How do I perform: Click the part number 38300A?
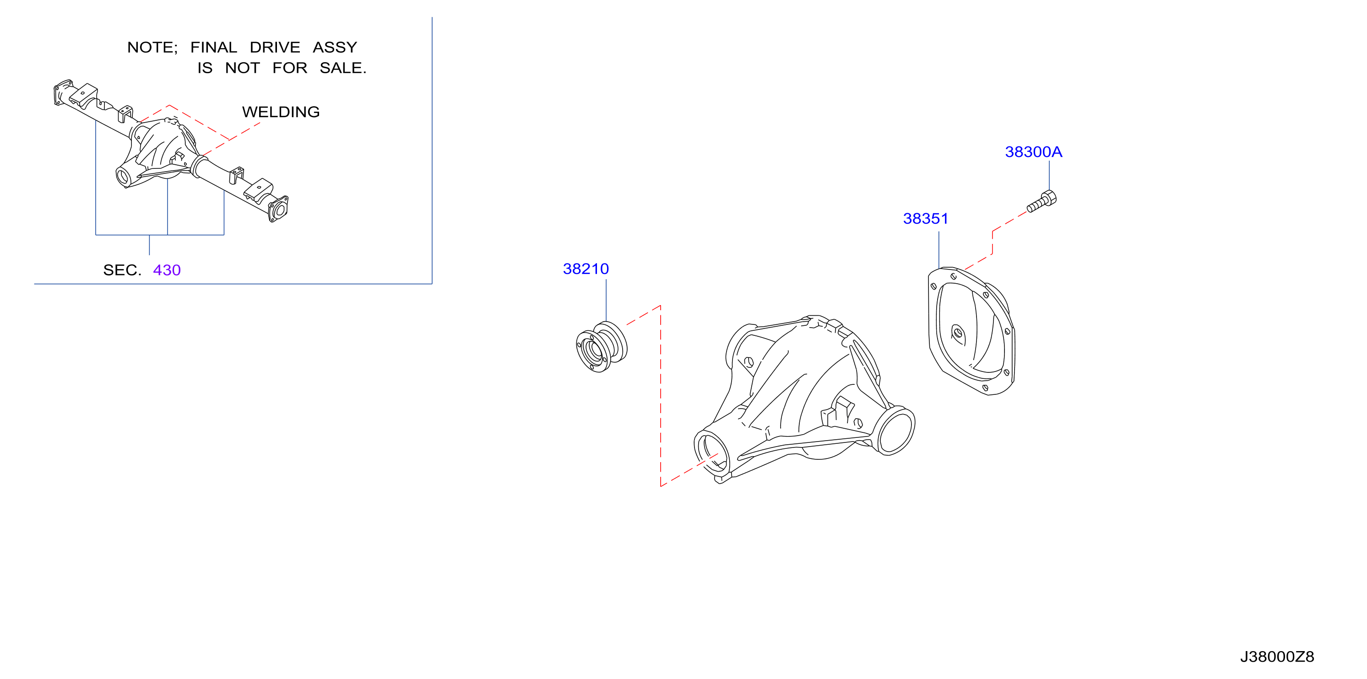[1033, 152]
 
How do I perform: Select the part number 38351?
[926, 219]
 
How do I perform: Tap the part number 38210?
[586, 269]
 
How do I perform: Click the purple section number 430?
[167, 270]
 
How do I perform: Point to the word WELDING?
[281, 112]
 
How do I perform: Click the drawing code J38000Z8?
[1277, 657]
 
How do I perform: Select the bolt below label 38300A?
[1042, 202]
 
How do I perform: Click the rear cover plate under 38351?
[971, 332]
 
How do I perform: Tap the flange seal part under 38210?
[601, 347]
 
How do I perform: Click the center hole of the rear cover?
[958, 333]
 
